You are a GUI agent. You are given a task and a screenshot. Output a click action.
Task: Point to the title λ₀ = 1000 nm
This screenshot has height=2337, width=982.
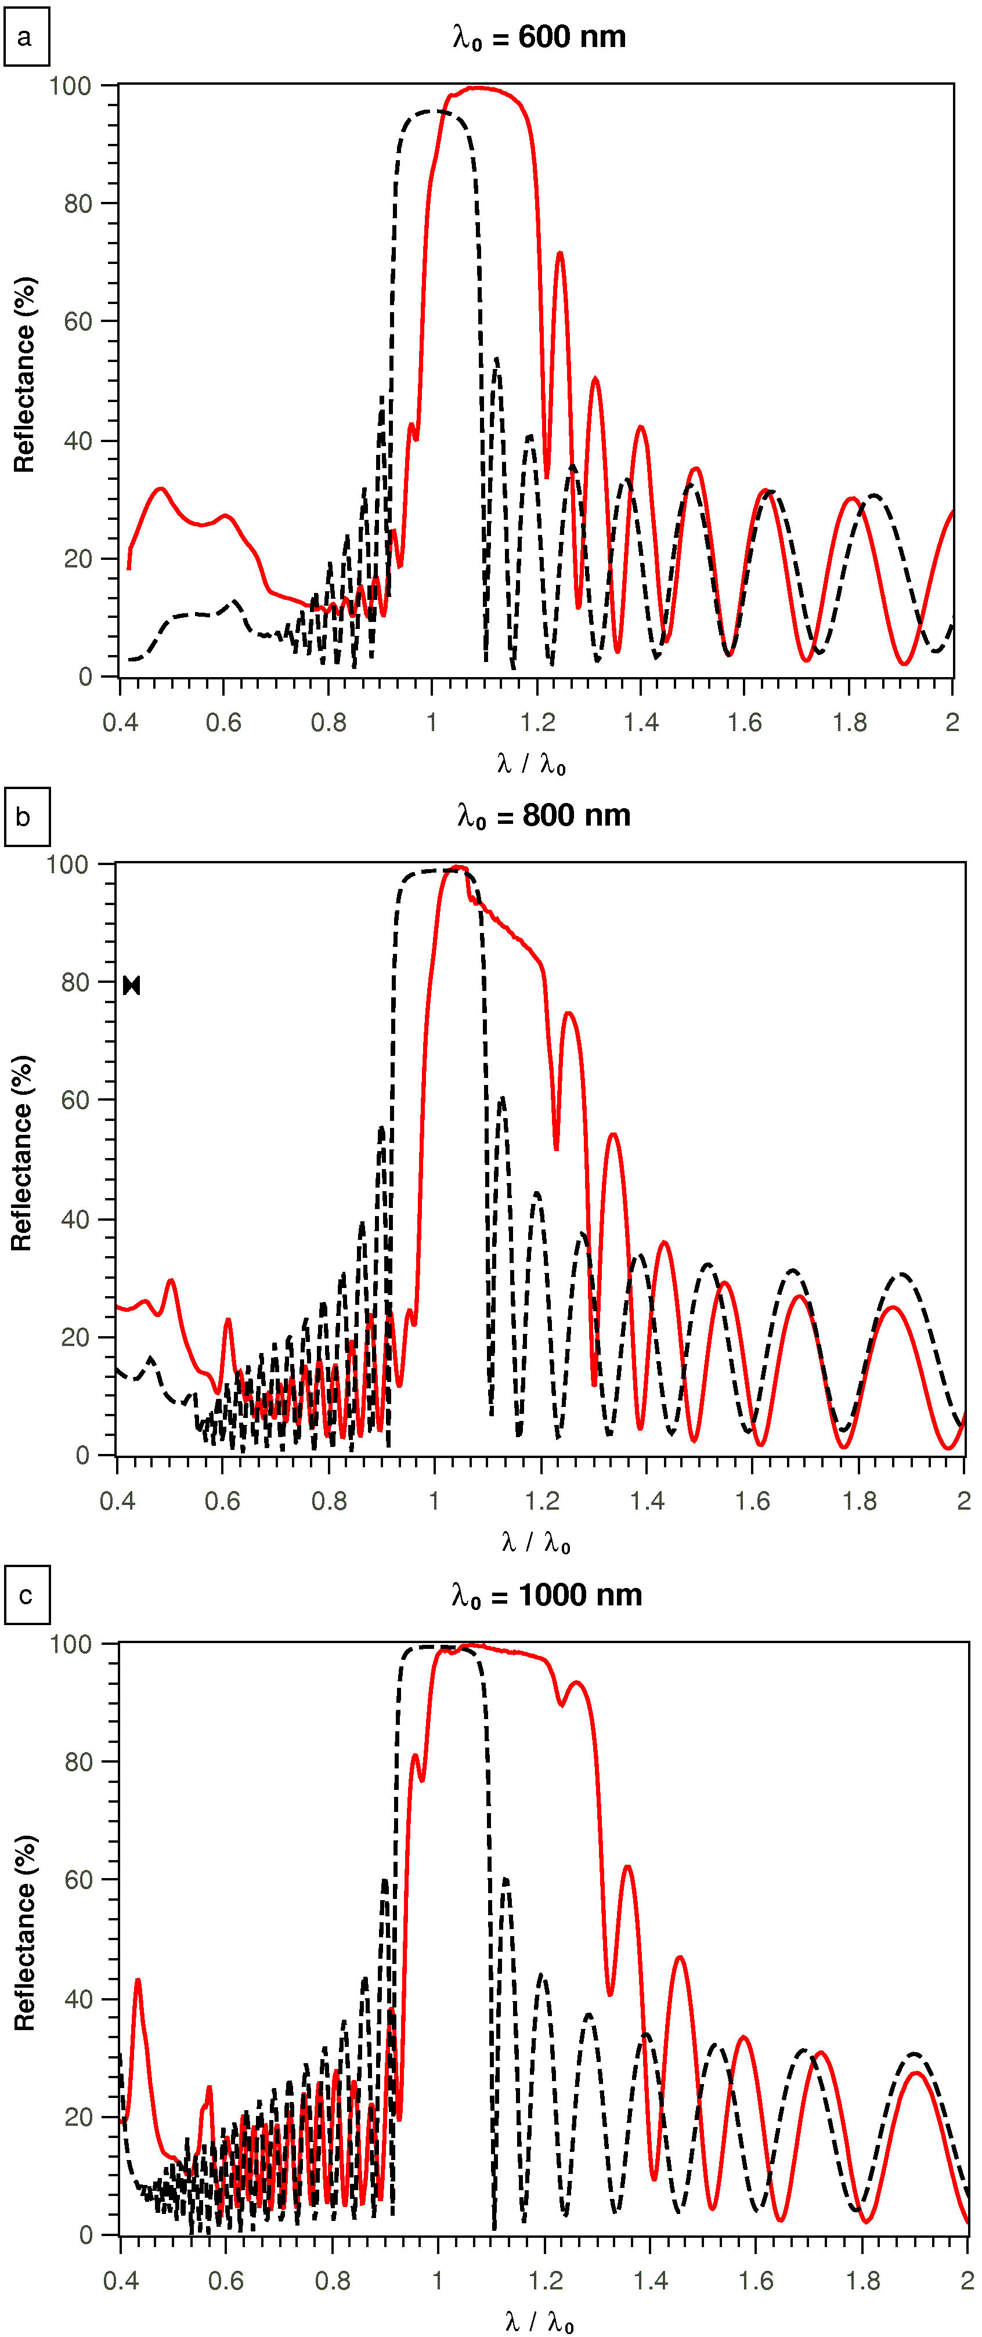click(x=546, y=1595)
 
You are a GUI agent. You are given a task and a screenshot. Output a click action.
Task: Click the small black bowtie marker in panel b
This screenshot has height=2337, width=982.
click(x=132, y=985)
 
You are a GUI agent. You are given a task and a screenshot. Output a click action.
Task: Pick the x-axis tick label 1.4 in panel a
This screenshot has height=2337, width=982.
click(x=640, y=722)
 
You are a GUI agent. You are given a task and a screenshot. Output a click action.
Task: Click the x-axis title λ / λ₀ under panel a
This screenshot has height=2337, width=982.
click(x=532, y=765)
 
